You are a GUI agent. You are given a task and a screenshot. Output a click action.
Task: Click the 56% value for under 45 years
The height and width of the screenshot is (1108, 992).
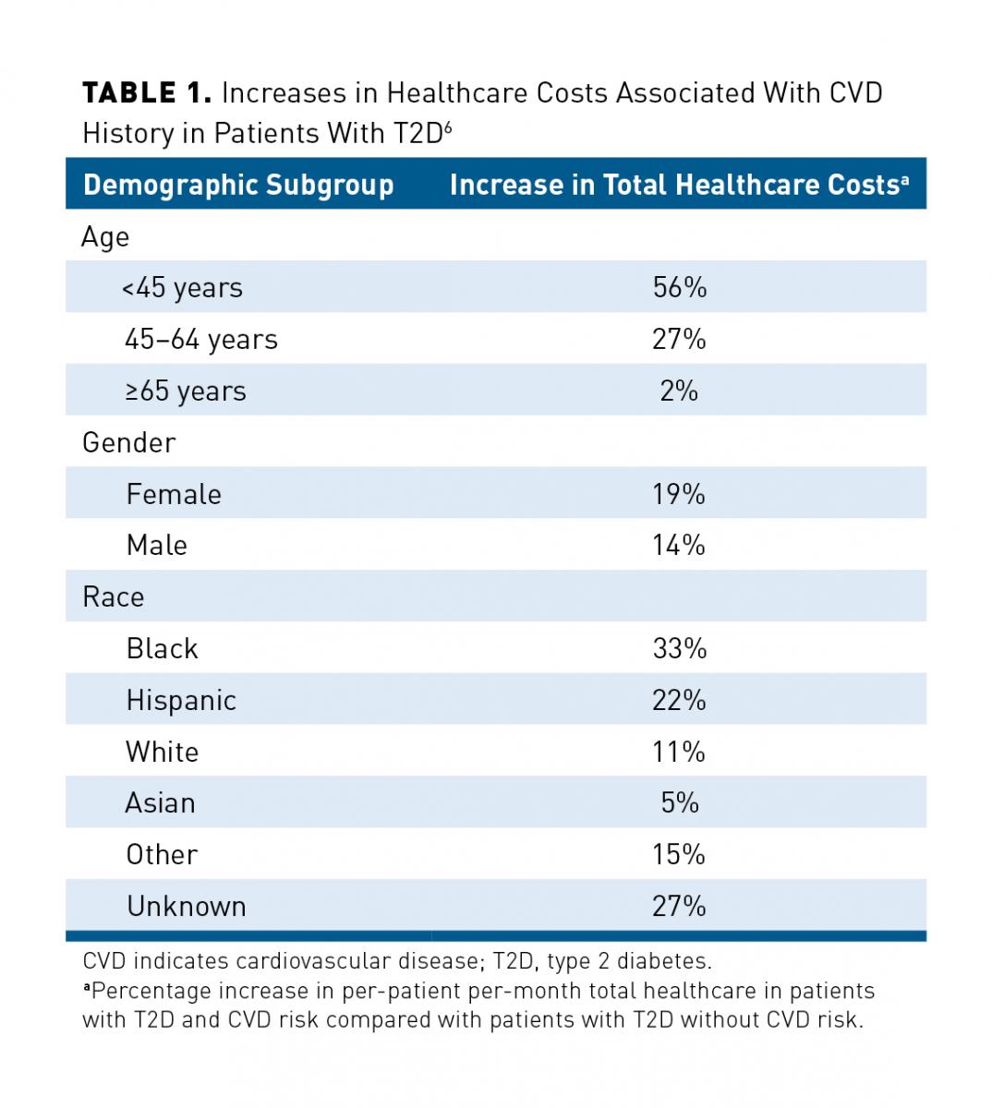click(x=679, y=287)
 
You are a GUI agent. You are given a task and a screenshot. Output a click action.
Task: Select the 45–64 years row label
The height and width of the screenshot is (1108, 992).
click(x=200, y=339)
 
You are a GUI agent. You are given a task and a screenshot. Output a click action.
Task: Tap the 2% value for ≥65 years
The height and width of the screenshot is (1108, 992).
click(x=679, y=391)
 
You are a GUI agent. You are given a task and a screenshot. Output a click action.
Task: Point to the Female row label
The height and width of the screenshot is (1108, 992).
click(x=174, y=494)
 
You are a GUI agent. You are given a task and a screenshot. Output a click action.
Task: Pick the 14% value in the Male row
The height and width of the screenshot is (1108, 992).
click(x=679, y=545)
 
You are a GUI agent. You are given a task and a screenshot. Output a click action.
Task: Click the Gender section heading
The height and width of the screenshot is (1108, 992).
click(x=128, y=442)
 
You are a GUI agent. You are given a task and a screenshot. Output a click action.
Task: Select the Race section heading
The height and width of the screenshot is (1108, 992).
click(x=113, y=596)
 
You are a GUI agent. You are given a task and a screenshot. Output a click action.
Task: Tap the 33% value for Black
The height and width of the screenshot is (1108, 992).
click(x=679, y=648)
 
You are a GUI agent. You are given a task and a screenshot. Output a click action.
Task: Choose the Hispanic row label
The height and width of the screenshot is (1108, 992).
click(x=181, y=700)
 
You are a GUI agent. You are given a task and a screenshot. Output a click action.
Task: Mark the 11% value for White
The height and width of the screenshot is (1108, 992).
click(x=679, y=752)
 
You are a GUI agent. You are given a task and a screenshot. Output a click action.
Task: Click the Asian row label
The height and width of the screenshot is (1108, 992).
click(x=160, y=802)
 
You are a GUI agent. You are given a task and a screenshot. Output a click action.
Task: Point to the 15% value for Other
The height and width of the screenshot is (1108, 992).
click(x=679, y=854)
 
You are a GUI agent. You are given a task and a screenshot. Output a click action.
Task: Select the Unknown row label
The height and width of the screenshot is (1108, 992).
click(x=187, y=906)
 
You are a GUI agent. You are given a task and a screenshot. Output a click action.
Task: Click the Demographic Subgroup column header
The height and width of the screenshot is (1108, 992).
click(x=238, y=185)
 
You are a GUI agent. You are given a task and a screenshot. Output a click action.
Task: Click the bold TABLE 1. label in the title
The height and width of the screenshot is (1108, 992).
click(x=148, y=93)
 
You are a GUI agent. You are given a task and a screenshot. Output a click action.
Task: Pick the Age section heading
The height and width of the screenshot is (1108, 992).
click(x=105, y=236)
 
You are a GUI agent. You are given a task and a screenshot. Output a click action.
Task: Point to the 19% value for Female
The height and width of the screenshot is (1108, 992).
click(x=679, y=494)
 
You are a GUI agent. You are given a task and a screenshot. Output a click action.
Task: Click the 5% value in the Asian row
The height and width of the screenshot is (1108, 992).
click(x=679, y=802)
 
